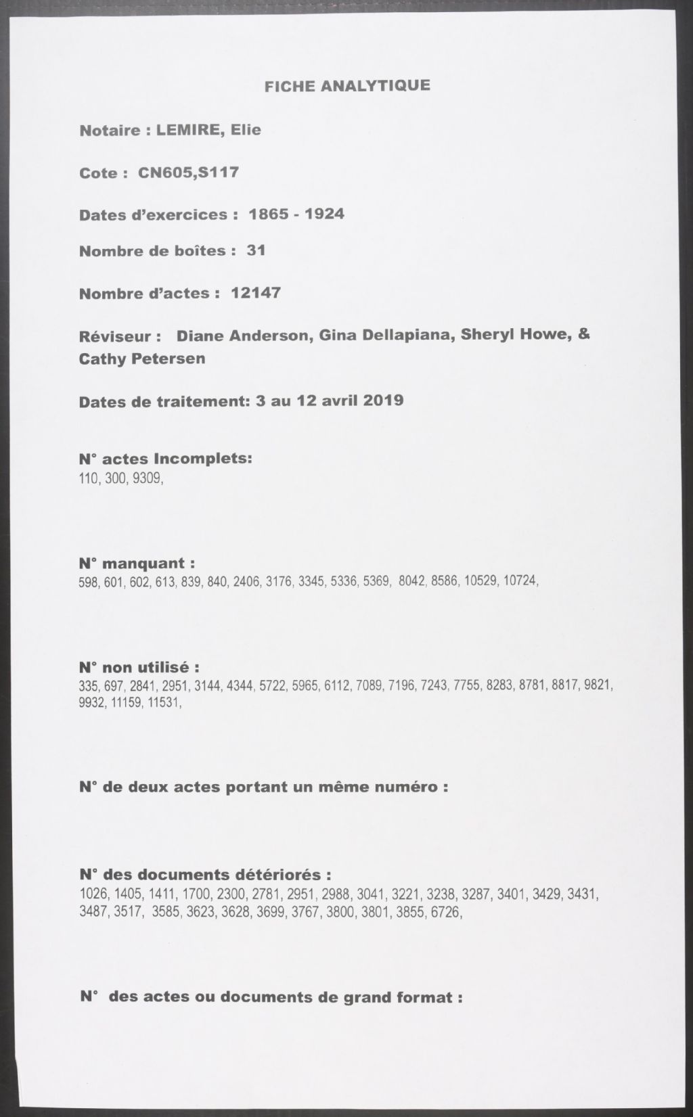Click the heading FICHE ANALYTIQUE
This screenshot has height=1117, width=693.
[x=346, y=86]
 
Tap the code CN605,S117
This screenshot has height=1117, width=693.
[x=188, y=173]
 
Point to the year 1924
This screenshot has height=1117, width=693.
[x=325, y=214]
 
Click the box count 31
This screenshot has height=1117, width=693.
[x=256, y=250]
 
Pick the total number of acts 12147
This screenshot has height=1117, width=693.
[x=256, y=293]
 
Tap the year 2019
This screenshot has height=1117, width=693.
[x=384, y=400]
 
